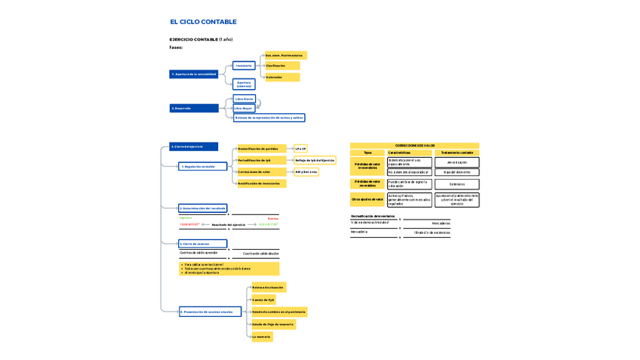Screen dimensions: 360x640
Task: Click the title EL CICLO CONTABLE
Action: coord(203,22)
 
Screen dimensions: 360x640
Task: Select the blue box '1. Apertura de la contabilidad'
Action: coord(195,74)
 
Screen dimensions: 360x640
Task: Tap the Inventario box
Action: coord(244,66)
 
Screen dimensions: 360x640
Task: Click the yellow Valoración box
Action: coord(282,77)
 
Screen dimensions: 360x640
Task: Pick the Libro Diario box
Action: coord(245,99)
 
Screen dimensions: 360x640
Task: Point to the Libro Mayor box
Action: coord(243,109)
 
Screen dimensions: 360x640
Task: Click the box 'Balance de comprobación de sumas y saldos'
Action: coord(269,118)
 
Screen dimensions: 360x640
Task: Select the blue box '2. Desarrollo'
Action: coord(194,108)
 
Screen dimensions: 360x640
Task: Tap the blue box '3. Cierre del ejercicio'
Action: coord(193,146)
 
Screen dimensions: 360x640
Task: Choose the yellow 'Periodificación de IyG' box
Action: coord(261,160)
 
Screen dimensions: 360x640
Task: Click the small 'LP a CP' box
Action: coord(300,149)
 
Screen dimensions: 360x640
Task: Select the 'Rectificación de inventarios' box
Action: coord(262,183)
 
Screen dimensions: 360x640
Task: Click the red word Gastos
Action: coord(273,218)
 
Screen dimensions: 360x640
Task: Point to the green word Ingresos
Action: coord(186,218)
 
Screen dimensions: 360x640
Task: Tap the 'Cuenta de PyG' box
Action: coord(263,300)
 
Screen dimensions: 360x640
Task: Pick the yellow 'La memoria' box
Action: coord(262,337)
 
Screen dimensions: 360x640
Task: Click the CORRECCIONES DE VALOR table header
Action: coord(414,146)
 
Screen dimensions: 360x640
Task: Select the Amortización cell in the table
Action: coord(457,162)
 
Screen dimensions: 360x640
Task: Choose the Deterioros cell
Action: coord(457,184)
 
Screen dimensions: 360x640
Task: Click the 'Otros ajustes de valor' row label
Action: coord(368,199)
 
